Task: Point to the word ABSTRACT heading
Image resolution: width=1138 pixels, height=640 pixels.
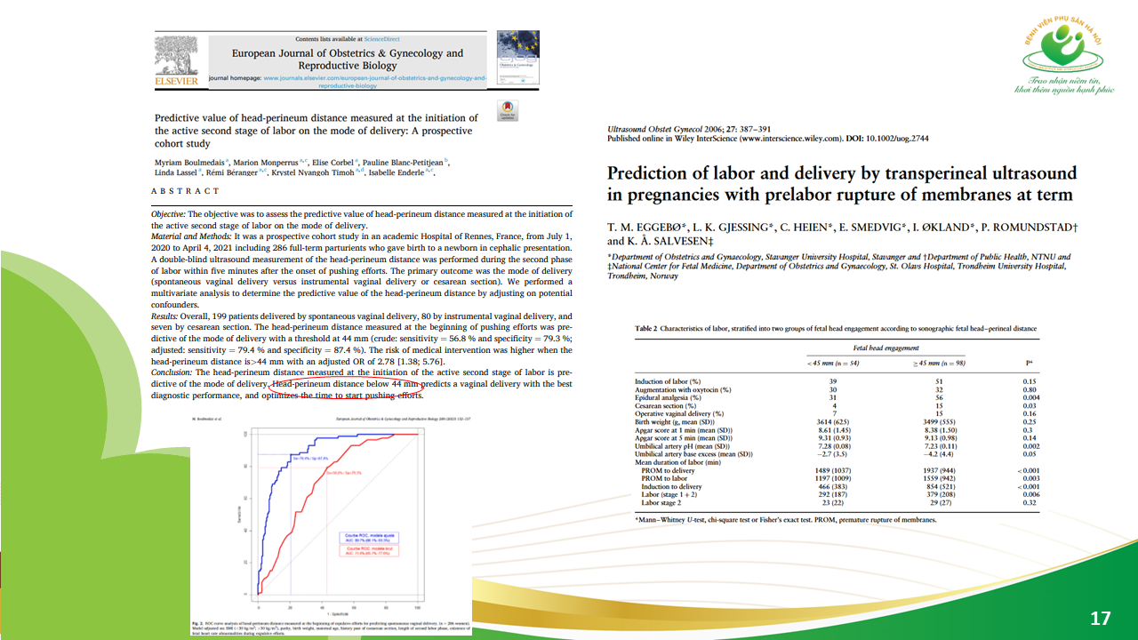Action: [x=185, y=191]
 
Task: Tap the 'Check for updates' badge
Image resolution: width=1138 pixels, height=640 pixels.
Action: [x=507, y=111]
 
